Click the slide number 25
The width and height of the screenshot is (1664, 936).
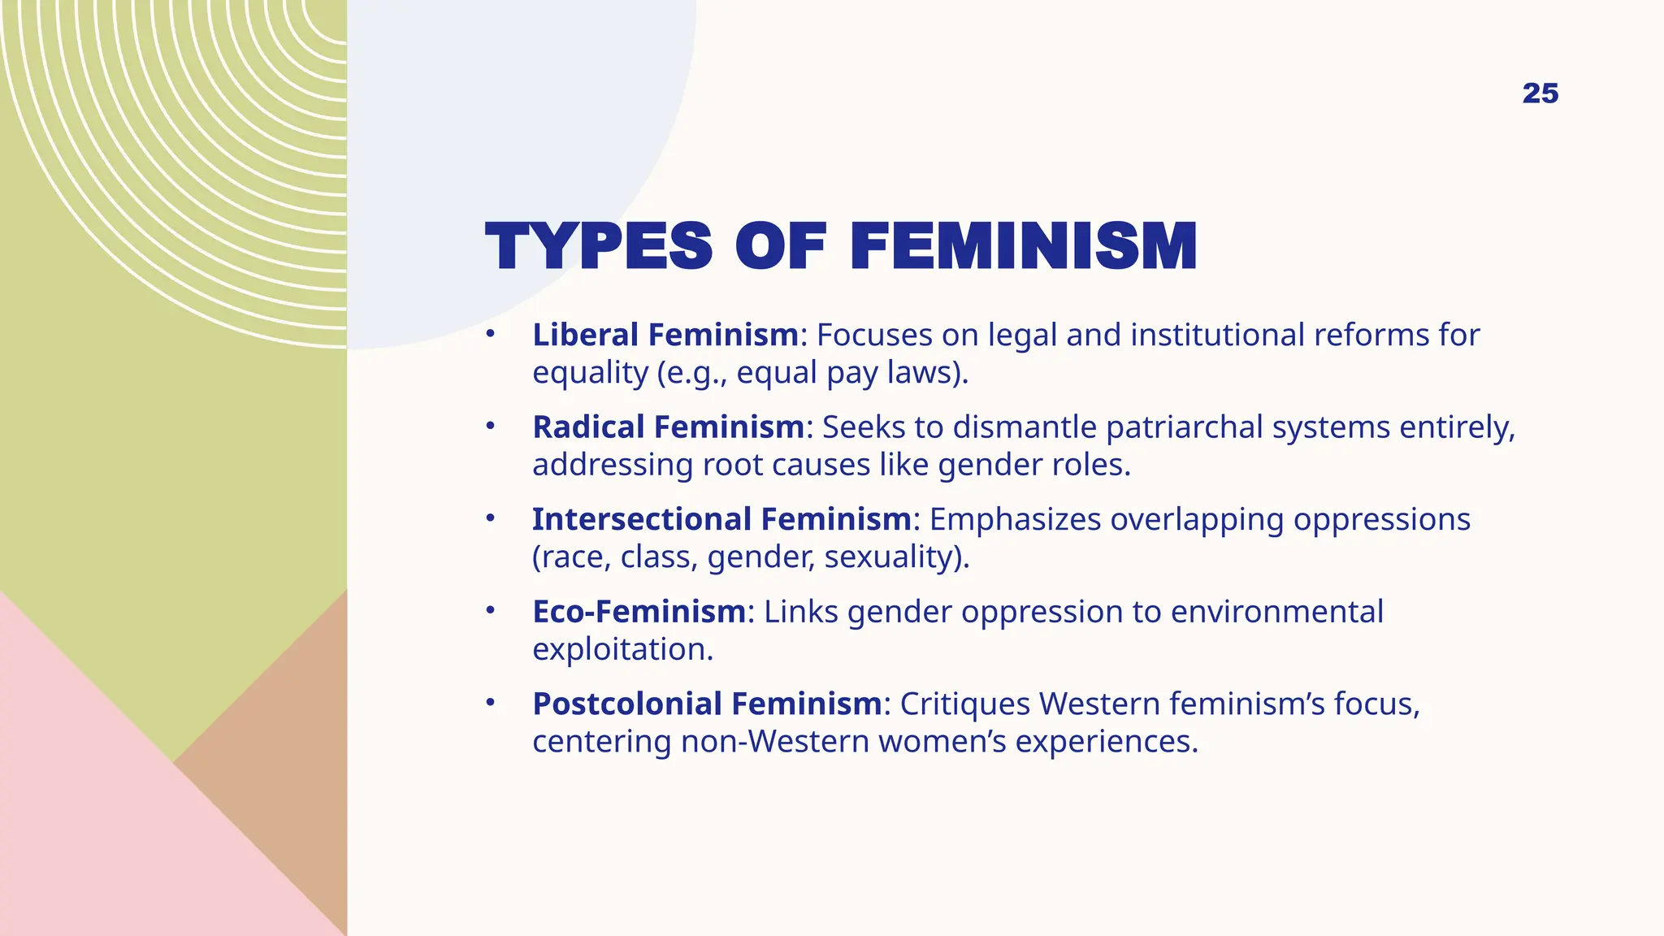[1540, 93]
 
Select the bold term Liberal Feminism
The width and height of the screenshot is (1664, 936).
[665, 335]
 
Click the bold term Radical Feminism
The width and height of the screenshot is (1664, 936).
[668, 427]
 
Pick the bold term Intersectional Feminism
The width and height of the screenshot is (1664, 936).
[721, 519]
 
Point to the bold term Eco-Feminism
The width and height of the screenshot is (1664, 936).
[639, 612]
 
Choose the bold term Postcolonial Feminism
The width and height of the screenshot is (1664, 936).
[707, 704]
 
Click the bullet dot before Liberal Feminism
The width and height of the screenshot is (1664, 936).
[490, 334]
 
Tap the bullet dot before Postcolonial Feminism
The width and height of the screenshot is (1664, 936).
[490, 703]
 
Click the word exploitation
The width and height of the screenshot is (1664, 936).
[622, 649]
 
